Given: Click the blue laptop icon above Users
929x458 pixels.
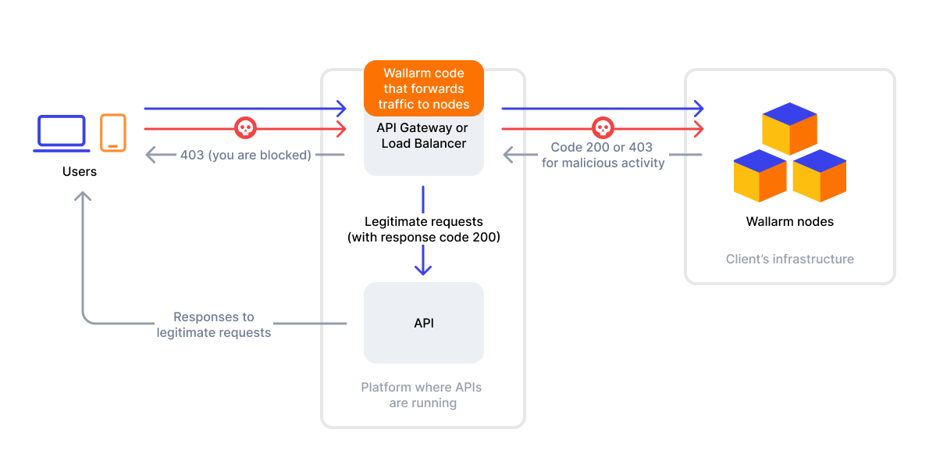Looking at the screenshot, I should pyautogui.click(x=61, y=132).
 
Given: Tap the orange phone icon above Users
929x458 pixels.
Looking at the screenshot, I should pyautogui.click(x=113, y=132).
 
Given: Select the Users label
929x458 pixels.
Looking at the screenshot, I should pyautogui.click(x=80, y=171).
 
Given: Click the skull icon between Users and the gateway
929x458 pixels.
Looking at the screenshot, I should pyautogui.click(x=245, y=127).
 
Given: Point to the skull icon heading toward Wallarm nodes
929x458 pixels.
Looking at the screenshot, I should pyautogui.click(x=602, y=127).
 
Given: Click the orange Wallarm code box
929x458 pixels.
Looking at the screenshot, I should pyautogui.click(x=424, y=89).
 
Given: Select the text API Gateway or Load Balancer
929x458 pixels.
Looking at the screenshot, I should pyautogui.click(x=424, y=136).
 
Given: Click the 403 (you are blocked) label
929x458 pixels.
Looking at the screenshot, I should pyautogui.click(x=245, y=155).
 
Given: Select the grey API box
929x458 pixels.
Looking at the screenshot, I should pyautogui.click(x=424, y=323).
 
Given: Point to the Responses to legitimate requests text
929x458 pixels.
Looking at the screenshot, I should pyautogui.click(x=214, y=324).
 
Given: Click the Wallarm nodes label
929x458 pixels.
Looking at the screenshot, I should pyautogui.click(x=790, y=222).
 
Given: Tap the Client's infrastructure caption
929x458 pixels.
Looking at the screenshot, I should pyautogui.click(x=790, y=259).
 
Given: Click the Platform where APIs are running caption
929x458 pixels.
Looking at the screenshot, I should pyautogui.click(x=423, y=395).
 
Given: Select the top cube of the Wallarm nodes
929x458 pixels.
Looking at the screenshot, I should pyautogui.click(x=790, y=128).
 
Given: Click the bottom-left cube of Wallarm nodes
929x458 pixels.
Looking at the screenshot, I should pyautogui.click(x=760, y=175).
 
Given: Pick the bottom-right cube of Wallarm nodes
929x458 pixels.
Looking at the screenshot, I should pyautogui.click(x=820, y=175).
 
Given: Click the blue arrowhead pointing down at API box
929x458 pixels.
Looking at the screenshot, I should pyautogui.click(x=423, y=268).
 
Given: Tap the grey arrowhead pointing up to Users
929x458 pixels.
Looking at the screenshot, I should pyautogui.click(x=83, y=197).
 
